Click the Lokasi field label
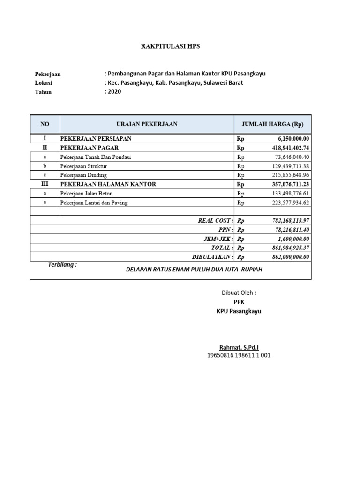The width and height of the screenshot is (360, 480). coord(43,83)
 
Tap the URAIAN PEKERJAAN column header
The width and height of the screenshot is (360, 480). coord(147,124)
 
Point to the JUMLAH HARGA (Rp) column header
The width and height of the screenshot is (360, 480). coord(272,124)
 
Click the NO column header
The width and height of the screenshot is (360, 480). coord(45,124)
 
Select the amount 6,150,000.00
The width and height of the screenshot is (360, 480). coord(293,139)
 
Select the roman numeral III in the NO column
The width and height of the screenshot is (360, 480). coord(45,184)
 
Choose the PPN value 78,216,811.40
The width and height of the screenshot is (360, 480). coord(291,230)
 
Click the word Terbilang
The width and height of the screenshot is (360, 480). coord(62,265)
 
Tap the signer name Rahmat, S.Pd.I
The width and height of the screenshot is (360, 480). coord(239,347)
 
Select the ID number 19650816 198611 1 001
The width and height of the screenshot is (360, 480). coord(239,355)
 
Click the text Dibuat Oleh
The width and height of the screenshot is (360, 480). coord(239,292)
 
